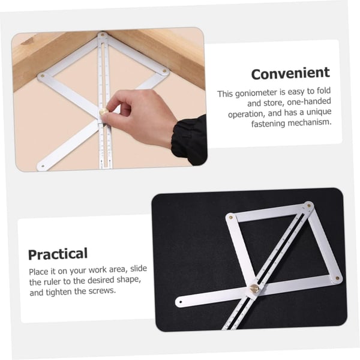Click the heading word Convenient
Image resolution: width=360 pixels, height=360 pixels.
290,74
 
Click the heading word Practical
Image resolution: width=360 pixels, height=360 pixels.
58,253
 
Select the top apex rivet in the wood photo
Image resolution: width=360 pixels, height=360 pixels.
103,36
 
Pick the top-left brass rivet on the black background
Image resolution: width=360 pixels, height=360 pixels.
230,217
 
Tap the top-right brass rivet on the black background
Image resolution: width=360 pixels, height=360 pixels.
309,205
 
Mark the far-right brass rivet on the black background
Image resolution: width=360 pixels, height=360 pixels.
337,278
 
